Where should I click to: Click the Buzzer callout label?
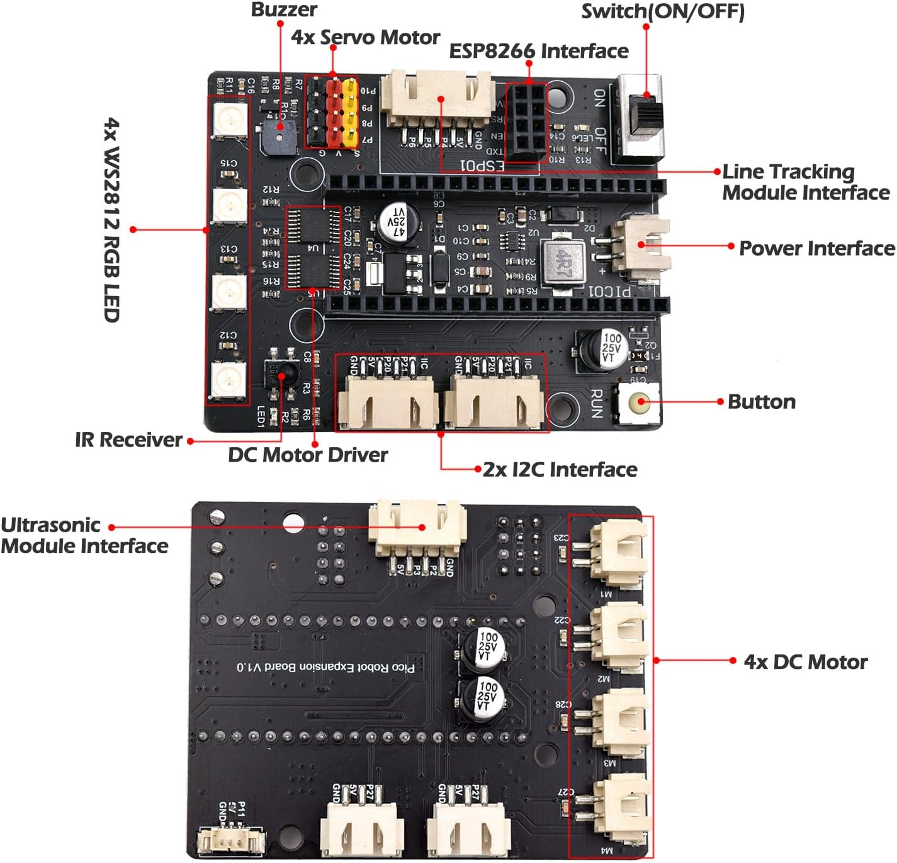pyautogui.click(x=284, y=9)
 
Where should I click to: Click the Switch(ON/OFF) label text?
pyautogui.click(x=662, y=11)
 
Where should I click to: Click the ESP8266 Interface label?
pyautogui.click(x=538, y=51)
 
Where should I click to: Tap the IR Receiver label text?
pyautogui.click(x=128, y=440)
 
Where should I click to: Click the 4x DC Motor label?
pyautogui.click(x=805, y=662)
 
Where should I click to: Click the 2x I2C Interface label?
pyautogui.click(x=560, y=470)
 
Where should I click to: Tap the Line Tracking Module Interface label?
pyautogui.click(x=805, y=182)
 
